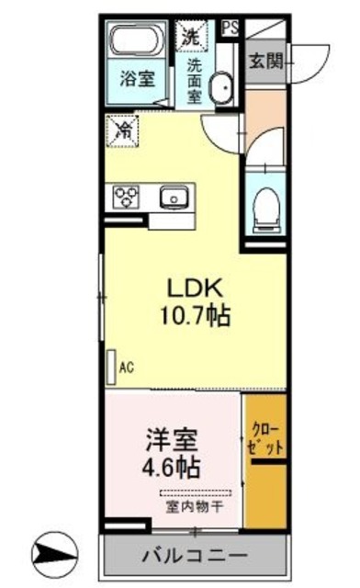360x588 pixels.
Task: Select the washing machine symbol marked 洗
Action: pos(191,37)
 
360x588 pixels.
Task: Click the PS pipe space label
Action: pos(230,27)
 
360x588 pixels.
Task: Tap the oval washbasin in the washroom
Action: pos(221,90)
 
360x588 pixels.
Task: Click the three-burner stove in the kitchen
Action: pos(126,196)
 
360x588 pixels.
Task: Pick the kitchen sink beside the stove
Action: pos(172,196)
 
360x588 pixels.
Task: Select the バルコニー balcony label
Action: pos(195,556)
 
